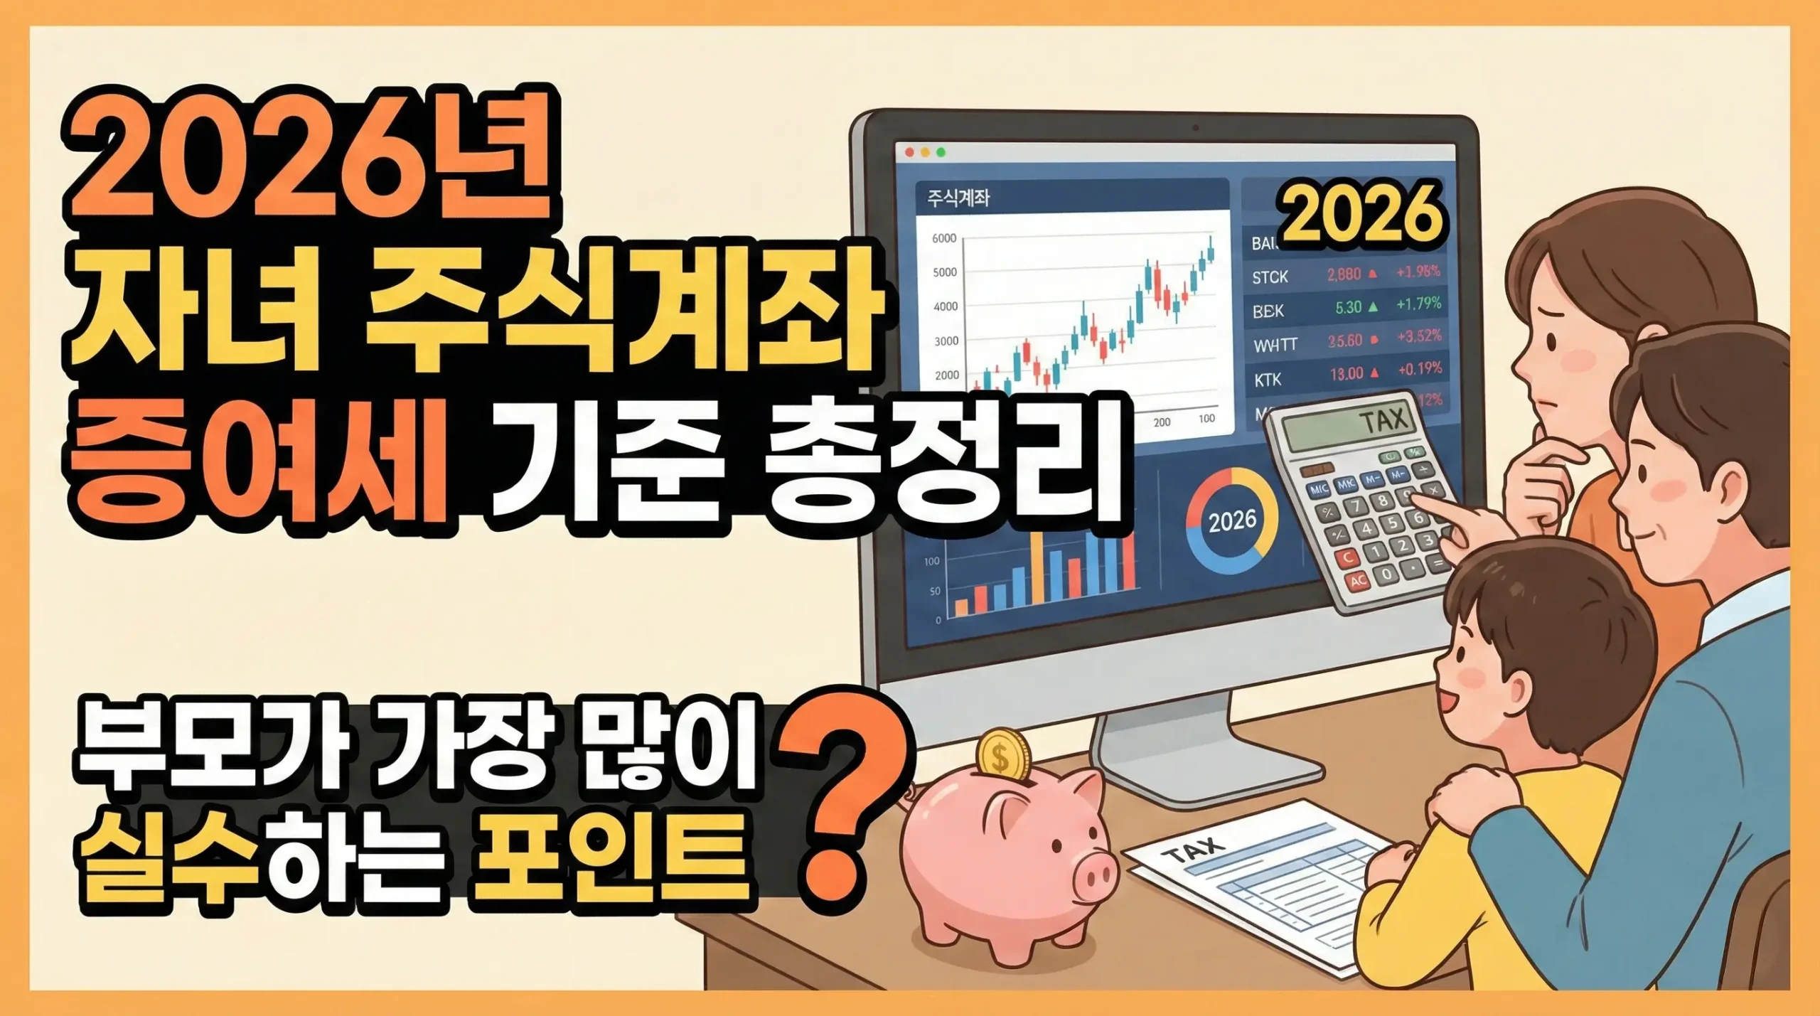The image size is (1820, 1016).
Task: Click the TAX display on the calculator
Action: tap(1337, 426)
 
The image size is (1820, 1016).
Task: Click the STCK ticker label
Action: tap(1270, 277)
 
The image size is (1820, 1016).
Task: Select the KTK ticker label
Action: tap(1267, 380)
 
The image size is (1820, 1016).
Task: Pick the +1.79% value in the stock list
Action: tap(1418, 305)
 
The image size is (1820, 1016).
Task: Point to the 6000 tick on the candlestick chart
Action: tap(944, 238)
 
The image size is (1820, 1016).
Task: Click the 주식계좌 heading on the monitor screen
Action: tap(958, 198)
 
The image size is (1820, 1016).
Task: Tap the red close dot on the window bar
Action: tap(909, 152)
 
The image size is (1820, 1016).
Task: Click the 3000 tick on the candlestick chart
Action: tap(946, 341)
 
